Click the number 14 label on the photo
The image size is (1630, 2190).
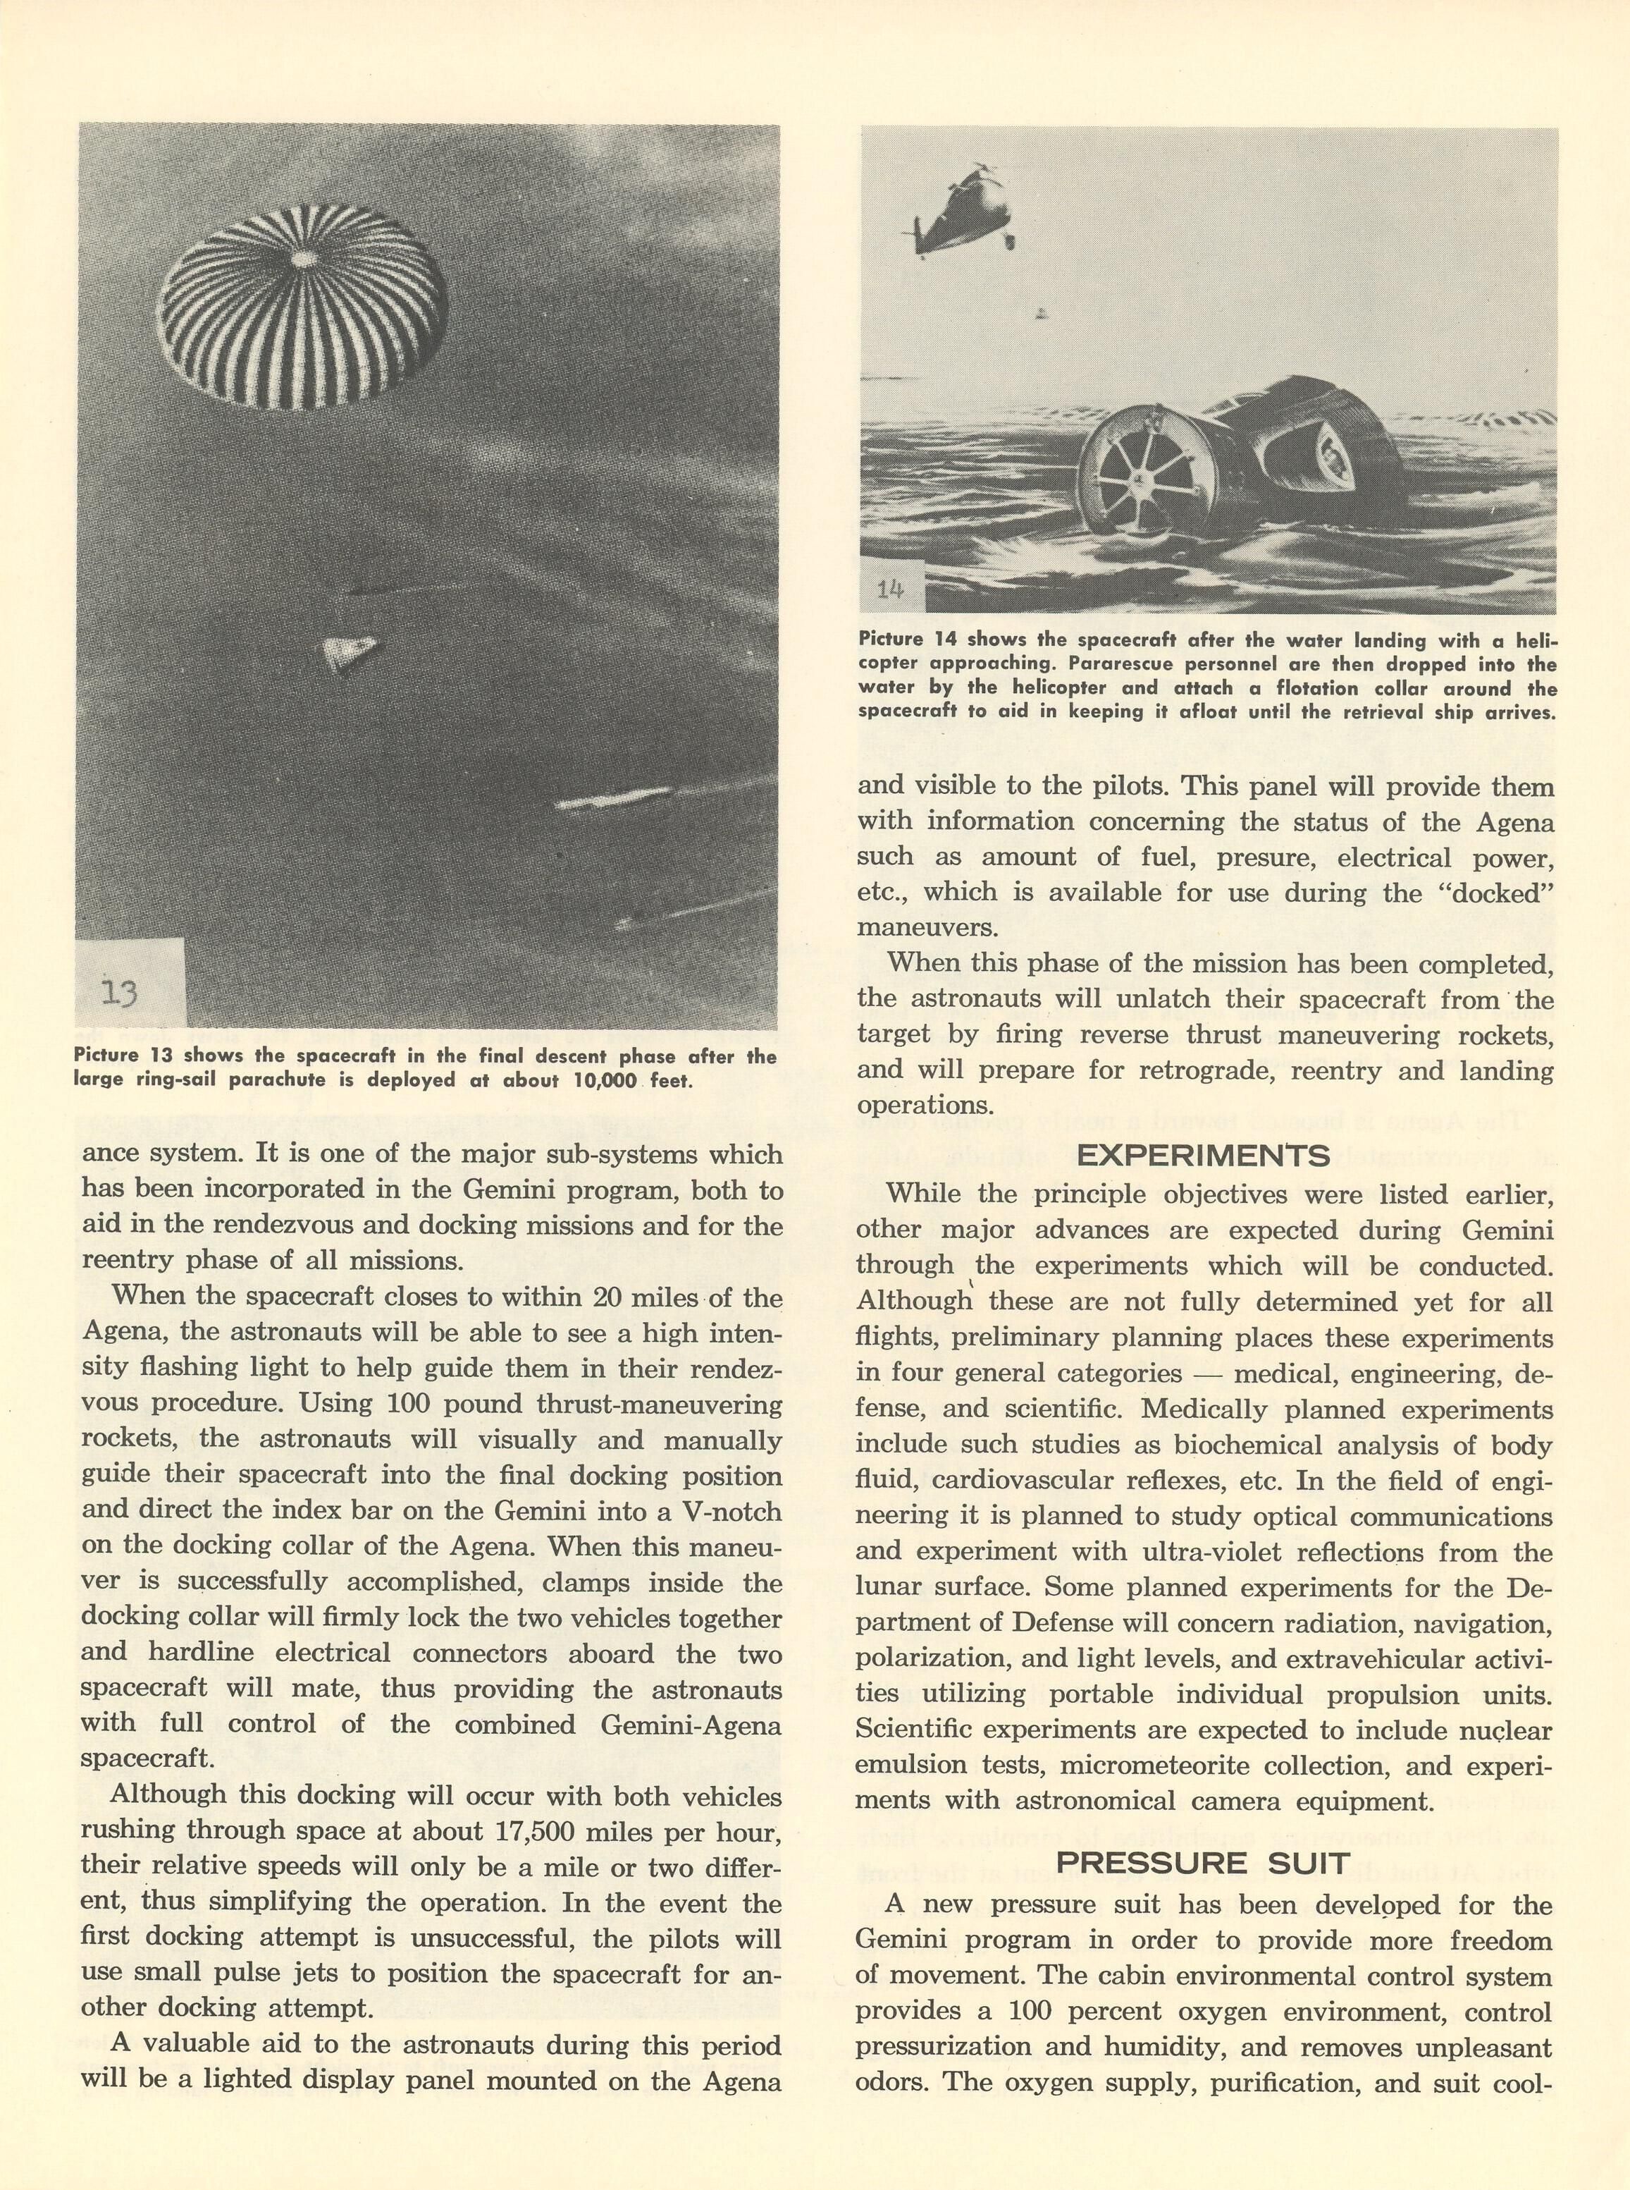pyautogui.click(x=890, y=590)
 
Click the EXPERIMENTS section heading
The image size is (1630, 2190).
pyautogui.click(x=1203, y=1156)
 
